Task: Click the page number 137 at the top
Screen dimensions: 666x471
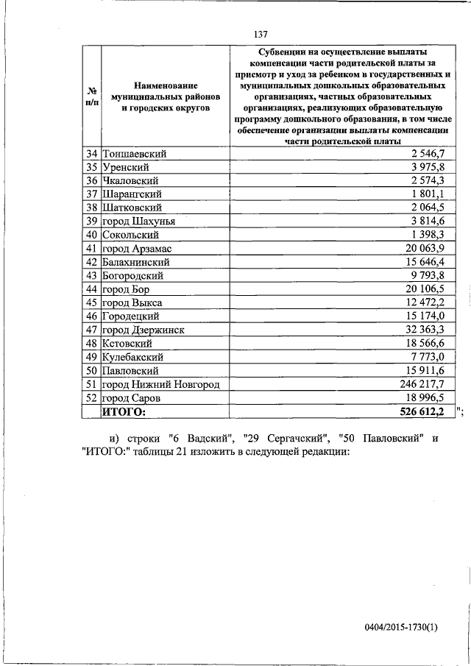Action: click(x=261, y=35)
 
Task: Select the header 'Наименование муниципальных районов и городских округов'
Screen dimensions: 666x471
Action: click(x=156, y=96)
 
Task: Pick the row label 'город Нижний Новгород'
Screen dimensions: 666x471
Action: click(x=161, y=384)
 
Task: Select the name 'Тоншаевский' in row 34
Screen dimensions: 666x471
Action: click(x=134, y=154)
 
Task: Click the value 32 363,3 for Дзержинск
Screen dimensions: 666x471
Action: click(x=425, y=330)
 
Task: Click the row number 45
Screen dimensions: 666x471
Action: click(x=92, y=302)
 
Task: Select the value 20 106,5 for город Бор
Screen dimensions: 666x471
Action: click(x=425, y=289)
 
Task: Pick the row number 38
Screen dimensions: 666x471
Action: click(x=92, y=208)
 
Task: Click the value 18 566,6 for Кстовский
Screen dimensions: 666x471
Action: click(x=425, y=344)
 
